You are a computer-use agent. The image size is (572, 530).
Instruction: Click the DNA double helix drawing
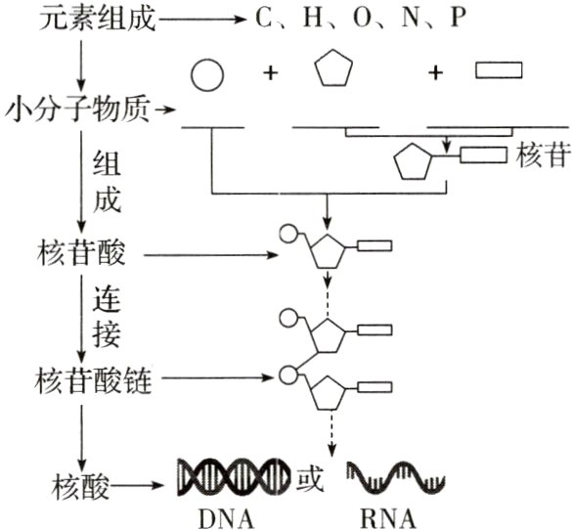(234, 476)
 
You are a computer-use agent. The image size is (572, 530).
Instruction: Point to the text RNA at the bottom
(384, 515)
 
